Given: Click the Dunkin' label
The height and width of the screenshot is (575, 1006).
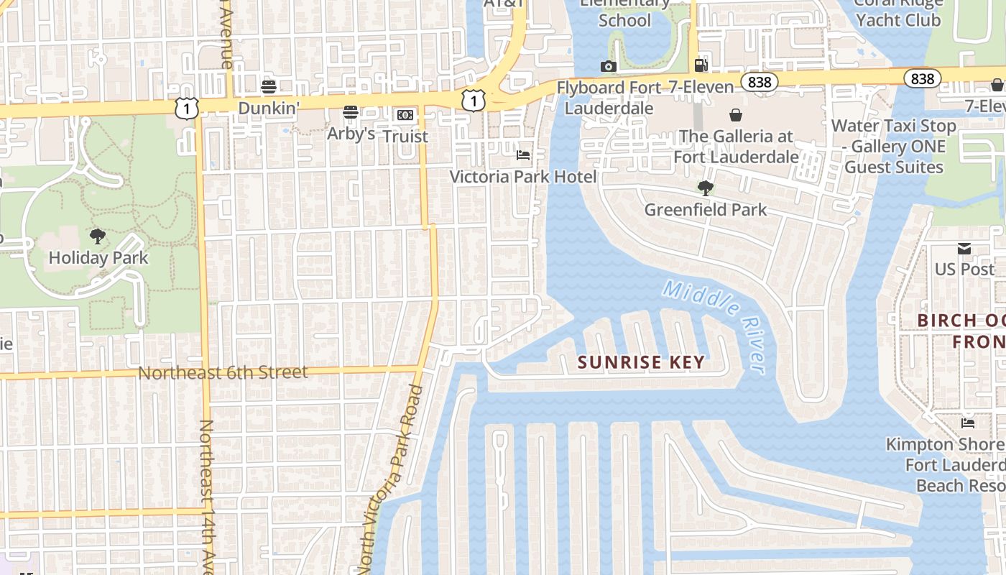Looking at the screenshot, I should tap(268, 109).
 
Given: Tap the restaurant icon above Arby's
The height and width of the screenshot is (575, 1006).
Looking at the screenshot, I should tap(351, 112).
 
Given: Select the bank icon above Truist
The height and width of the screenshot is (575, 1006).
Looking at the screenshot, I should tap(405, 115).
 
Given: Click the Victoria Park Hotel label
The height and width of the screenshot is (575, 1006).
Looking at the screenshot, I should tap(523, 177).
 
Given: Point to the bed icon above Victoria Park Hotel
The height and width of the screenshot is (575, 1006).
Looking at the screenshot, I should tap(523, 155).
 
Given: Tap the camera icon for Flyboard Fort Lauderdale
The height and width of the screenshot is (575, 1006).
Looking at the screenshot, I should tap(609, 67).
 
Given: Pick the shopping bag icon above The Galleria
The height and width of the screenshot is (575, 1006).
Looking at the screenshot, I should tap(736, 115).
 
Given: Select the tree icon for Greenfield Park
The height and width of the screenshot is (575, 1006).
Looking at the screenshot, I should tap(705, 188).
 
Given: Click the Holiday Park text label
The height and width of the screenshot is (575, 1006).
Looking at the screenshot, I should tap(98, 258).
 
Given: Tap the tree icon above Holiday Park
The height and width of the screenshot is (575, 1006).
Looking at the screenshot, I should tap(98, 236).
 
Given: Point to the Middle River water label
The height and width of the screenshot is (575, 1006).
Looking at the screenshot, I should tap(714, 324).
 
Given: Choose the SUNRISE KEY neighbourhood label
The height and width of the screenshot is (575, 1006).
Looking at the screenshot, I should tap(642, 362).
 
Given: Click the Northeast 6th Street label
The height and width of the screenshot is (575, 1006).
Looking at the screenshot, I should tap(223, 373).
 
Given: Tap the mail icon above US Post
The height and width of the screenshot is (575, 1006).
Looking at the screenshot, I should tap(964, 249).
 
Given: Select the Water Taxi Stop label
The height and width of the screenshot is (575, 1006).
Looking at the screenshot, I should tap(894, 126).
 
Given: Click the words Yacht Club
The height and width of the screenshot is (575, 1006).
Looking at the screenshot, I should tap(898, 20).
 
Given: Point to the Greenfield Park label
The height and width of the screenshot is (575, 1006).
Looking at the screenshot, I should tap(706, 210).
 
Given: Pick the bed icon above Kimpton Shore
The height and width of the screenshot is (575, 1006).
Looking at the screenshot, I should tap(968, 423).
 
